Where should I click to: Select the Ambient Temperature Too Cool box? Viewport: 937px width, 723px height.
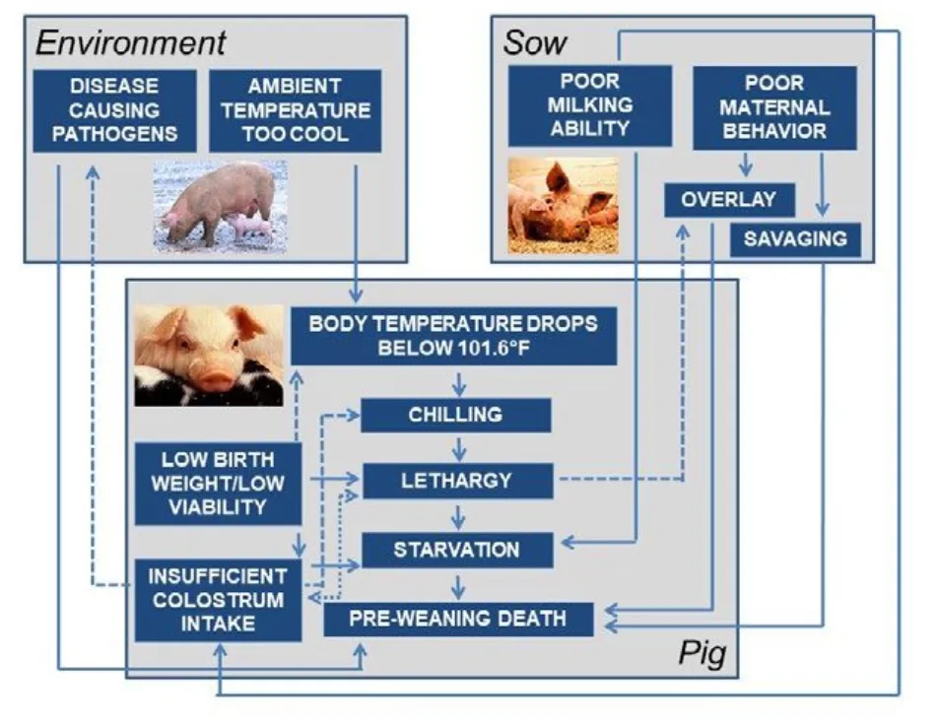pyautogui.click(x=296, y=110)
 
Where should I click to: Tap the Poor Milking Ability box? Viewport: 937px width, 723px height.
pyautogui.click(x=589, y=105)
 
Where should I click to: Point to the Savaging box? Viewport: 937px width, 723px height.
pyautogui.click(x=795, y=238)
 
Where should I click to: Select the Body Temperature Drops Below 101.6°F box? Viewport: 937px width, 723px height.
pyautogui.click(x=454, y=335)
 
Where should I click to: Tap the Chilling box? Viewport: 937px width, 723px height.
pyautogui.click(x=456, y=415)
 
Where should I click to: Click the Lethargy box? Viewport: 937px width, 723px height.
pyautogui.click(x=456, y=482)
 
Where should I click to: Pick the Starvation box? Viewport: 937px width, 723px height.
pyautogui.click(x=456, y=549)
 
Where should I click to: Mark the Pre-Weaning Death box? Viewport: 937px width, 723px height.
pyautogui.click(x=459, y=619)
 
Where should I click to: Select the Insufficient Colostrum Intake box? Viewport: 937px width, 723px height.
pyautogui.click(x=219, y=599)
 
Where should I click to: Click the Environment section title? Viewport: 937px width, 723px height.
pyautogui.click(x=131, y=42)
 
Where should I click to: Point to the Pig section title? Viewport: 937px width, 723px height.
pyautogui.click(x=703, y=654)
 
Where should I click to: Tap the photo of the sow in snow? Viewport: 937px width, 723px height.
pyautogui.click(x=220, y=204)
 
